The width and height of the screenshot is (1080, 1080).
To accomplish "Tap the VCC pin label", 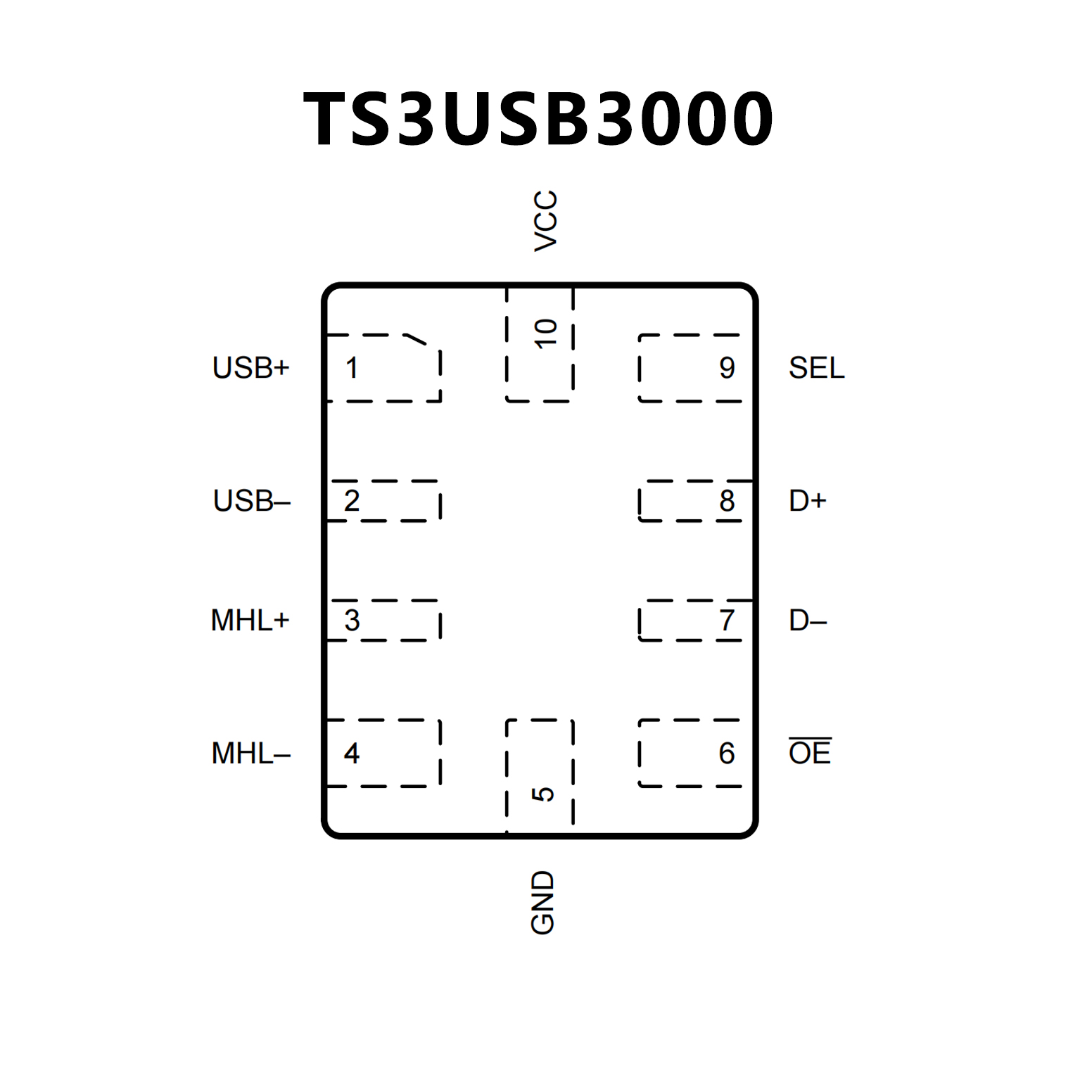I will (x=545, y=220).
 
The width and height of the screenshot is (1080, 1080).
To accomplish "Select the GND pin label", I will (x=542, y=903).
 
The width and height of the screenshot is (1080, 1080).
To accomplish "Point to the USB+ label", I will (x=251, y=368).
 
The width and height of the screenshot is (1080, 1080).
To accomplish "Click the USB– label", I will (x=252, y=501).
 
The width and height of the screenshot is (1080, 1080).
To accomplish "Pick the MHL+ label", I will (x=250, y=621).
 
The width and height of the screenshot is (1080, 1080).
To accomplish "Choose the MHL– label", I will (x=251, y=754).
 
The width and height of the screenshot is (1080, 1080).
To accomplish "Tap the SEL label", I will (x=816, y=368).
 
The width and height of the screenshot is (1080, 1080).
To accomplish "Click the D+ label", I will (x=807, y=501).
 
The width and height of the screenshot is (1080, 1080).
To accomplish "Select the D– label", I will (x=807, y=621).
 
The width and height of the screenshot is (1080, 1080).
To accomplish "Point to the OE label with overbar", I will (x=810, y=753).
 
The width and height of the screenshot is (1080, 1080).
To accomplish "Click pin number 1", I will (x=352, y=368).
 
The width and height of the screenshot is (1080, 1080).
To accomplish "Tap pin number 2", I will (x=352, y=501).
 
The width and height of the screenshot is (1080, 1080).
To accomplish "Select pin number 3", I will (x=352, y=621).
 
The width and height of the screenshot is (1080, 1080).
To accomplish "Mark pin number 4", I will (x=352, y=754).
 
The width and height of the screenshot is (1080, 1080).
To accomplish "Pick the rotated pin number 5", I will (x=543, y=794).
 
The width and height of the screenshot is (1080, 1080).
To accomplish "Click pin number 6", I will (x=727, y=754).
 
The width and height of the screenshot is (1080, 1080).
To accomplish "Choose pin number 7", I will (x=727, y=621).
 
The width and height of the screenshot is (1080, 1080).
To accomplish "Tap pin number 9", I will (x=727, y=368).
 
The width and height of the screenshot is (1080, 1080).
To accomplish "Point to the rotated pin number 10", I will (x=545, y=333).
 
